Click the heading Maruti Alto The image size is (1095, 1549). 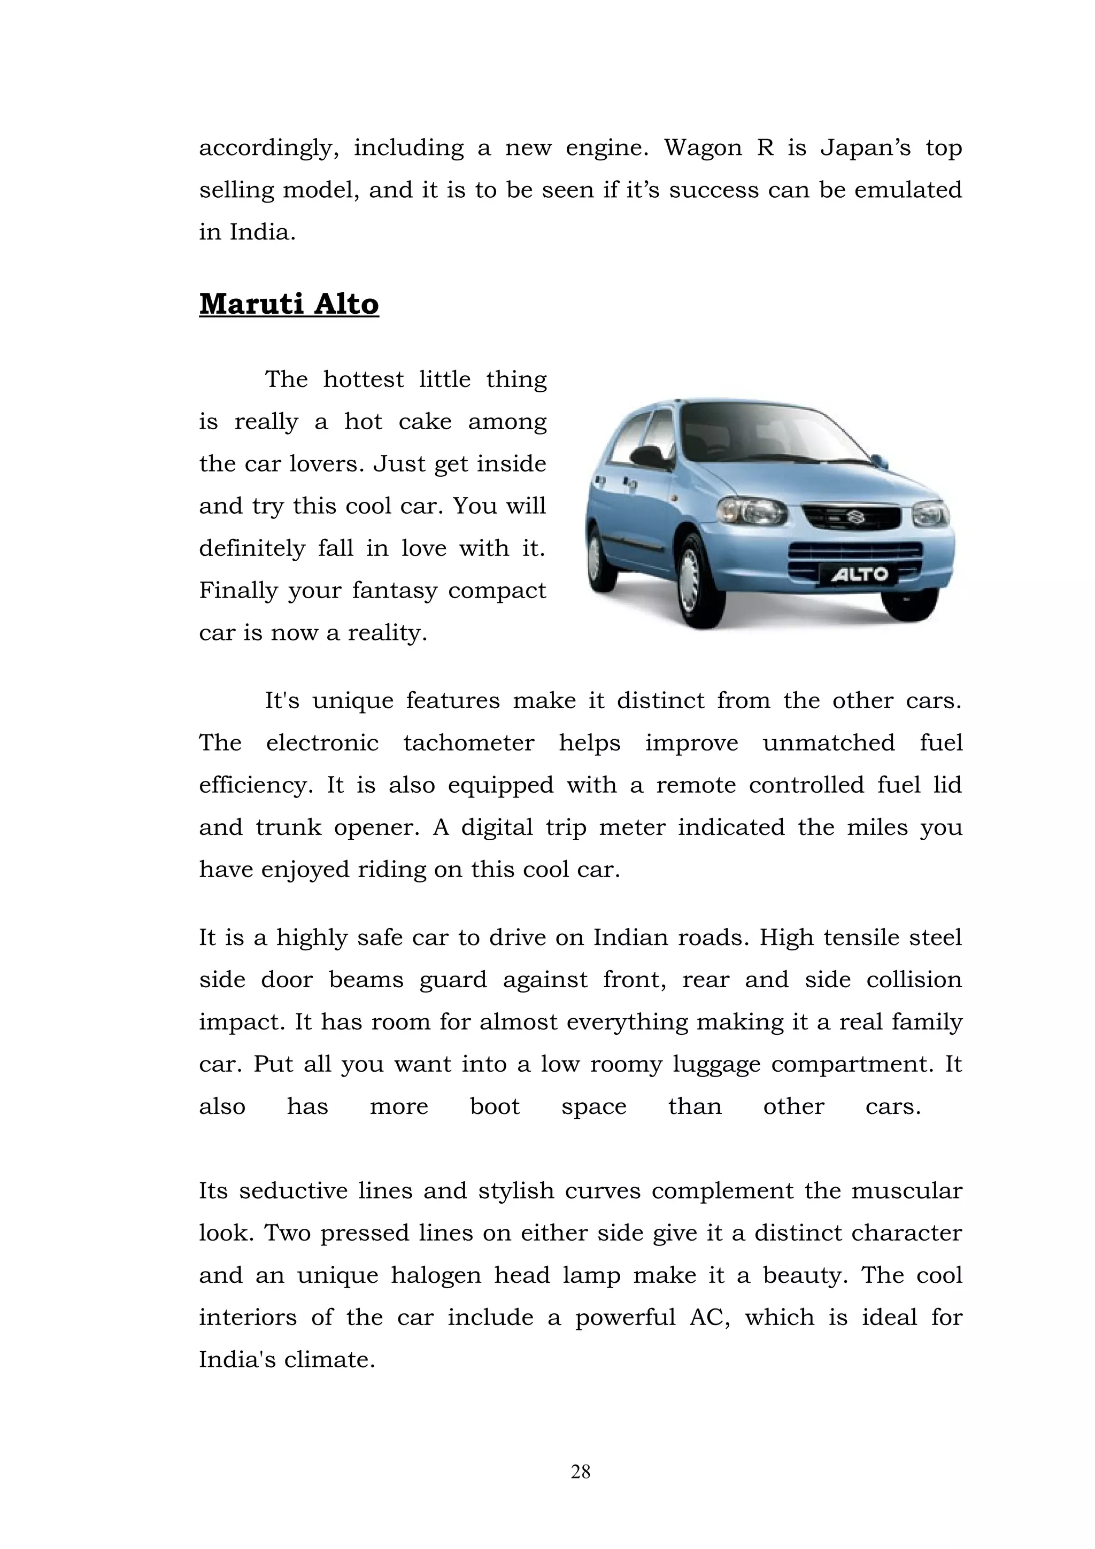pyautogui.click(x=289, y=304)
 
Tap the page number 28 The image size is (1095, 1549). pyautogui.click(x=580, y=1471)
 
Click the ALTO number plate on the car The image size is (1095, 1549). pyautogui.click(x=859, y=575)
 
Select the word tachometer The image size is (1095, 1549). pyautogui.click(x=468, y=743)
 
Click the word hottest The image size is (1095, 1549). pyautogui.click(x=363, y=380)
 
